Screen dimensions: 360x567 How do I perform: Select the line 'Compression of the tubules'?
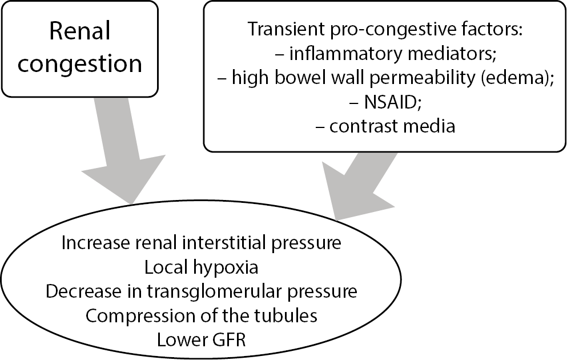point(201,315)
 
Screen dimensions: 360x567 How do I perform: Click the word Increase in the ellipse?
point(92,243)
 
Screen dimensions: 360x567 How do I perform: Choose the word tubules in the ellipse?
point(286,315)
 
